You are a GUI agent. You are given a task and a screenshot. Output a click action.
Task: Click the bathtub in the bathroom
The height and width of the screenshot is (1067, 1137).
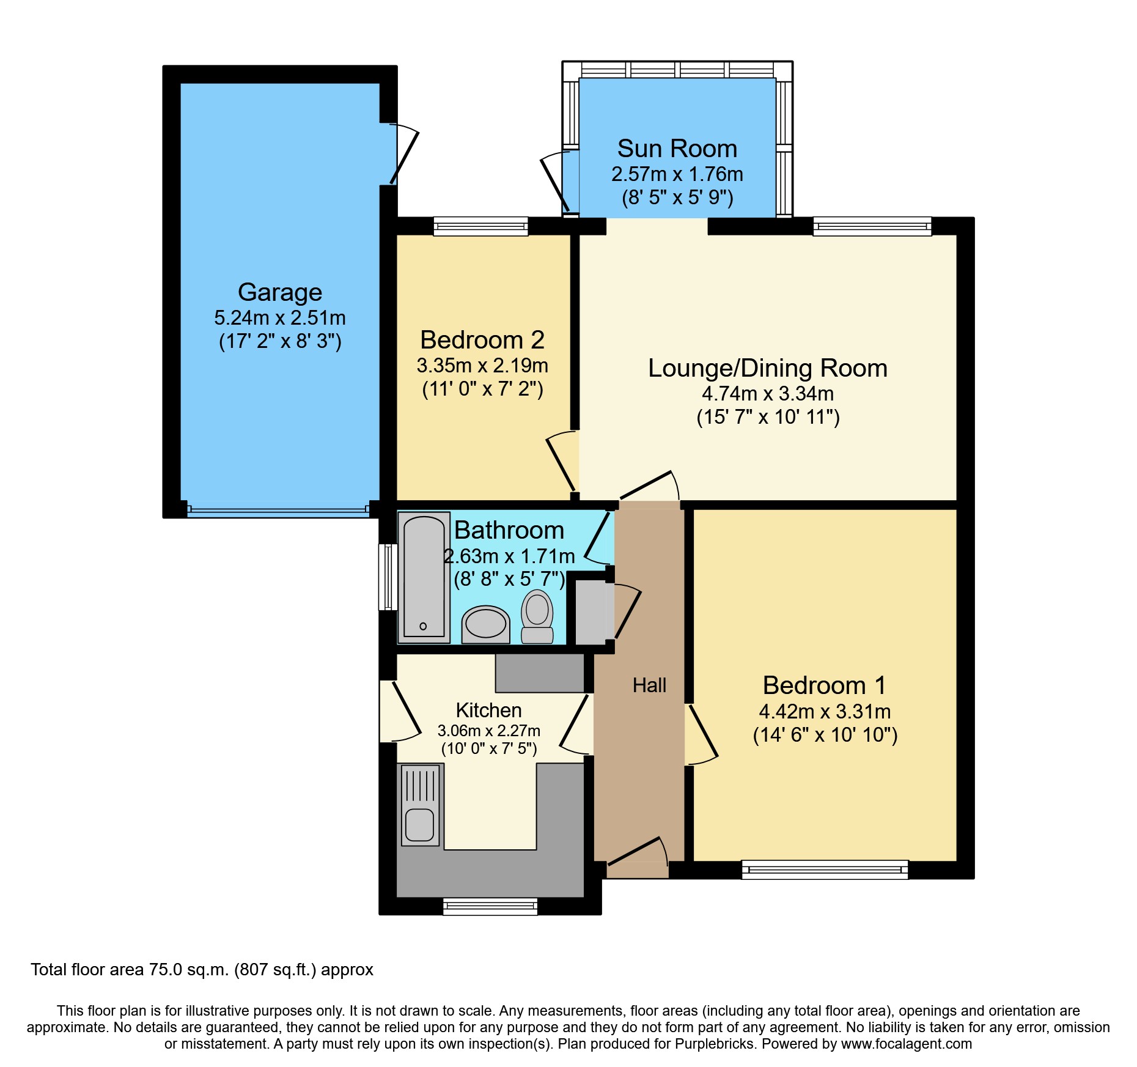tap(424, 577)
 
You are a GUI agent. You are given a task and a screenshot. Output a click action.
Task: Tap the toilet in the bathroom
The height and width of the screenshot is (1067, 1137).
tap(537, 616)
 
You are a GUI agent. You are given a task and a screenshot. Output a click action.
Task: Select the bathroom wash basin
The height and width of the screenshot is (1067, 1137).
tap(485, 624)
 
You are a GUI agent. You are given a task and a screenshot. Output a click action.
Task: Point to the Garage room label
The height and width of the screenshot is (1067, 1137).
tap(280, 292)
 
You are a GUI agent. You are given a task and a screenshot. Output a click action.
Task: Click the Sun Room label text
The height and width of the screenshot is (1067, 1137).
tap(677, 149)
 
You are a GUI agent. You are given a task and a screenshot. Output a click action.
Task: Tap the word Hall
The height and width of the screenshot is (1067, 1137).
tap(649, 685)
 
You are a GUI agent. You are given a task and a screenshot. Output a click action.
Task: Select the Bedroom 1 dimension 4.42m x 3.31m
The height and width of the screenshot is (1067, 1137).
tap(825, 712)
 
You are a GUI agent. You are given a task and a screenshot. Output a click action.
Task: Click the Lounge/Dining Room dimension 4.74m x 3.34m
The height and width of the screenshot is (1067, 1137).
tap(768, 394)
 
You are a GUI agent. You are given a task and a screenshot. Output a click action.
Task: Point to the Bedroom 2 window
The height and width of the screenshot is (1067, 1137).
tap(480, 226)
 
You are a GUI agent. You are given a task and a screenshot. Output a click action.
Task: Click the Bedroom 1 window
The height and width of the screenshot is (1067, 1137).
tap(825, 869)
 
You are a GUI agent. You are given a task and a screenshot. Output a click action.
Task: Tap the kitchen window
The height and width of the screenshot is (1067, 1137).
tap(490, 906)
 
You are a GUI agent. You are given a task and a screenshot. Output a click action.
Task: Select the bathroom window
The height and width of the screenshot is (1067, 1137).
tap(388, 577)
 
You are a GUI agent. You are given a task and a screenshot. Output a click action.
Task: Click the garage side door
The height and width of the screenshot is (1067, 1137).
tap(404, 156)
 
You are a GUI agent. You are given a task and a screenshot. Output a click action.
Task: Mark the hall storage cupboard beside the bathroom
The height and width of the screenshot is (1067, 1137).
tap(590, 612)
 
